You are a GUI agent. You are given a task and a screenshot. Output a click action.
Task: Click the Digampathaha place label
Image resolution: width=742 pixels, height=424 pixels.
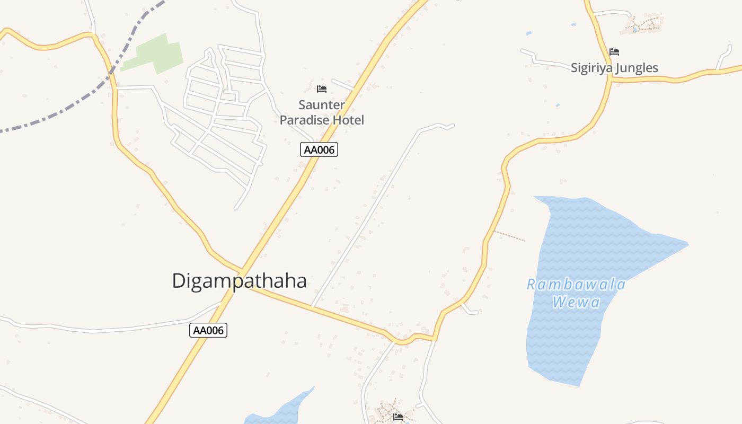[x=239, y=281]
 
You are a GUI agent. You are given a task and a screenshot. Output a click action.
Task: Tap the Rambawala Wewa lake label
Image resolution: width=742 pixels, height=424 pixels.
[x=576, y=293]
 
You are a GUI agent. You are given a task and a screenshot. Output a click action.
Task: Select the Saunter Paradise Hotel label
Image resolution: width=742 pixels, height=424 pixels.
[x=322, y=112]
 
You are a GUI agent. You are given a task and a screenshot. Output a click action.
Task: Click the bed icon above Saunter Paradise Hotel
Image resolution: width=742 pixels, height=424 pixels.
[x=322, y=89]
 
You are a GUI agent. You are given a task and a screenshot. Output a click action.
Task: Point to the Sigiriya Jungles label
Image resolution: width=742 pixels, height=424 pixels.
[x=614, y=68]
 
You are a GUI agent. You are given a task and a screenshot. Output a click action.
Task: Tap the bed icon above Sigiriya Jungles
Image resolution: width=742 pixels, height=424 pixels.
[x=614, y=52]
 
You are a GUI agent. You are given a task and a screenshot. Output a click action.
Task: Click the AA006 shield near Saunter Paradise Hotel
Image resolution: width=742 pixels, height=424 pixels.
[x=319, y=150]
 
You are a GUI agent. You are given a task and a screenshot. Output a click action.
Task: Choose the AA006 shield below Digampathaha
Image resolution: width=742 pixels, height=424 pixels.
[x=208, y=330]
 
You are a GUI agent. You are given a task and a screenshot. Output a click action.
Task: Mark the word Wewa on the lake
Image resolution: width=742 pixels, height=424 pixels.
[x=576, y=303]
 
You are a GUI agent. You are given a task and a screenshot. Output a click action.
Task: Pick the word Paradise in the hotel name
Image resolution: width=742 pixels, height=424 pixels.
[x=306, y=120]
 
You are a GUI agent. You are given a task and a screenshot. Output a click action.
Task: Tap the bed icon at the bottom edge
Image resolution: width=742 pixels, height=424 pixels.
[x=398, y=417]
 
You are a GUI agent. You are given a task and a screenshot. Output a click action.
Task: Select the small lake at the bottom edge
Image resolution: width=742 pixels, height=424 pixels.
[x=286, y=411]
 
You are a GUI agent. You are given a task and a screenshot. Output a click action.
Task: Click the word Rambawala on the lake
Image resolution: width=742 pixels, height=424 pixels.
[x=576, y=285]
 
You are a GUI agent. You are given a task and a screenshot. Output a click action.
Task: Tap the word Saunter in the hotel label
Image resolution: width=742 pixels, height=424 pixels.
[x=322, y=105]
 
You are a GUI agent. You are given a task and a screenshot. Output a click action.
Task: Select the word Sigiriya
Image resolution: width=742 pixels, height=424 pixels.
[x=589, y=68]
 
